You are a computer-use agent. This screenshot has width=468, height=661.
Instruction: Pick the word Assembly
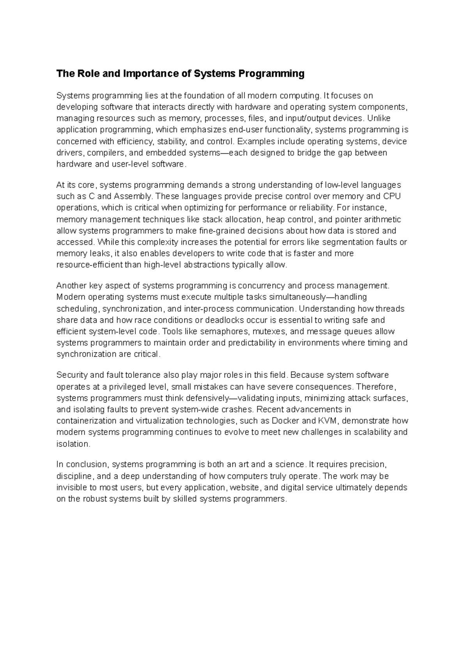131,196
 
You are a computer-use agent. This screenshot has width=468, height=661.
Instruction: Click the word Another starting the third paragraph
71,286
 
